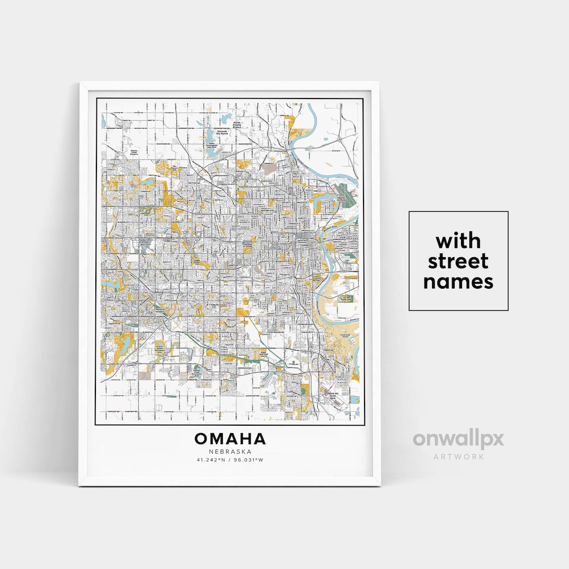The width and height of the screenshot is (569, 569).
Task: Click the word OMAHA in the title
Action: coord(230,438)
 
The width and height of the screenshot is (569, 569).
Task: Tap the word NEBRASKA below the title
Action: coord(230,452)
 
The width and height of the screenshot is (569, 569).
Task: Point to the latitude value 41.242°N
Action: coord(211,460)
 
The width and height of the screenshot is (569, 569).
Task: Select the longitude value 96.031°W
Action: coord(249,460)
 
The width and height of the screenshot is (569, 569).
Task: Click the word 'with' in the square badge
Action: coord(458,241)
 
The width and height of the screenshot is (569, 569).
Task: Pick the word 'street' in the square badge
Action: coord(458,261)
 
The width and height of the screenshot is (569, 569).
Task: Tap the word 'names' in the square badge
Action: coord(458,282)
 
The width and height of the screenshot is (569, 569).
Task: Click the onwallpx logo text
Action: coord(458,439)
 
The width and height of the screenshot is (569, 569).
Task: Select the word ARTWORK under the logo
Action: coord(458,456)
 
